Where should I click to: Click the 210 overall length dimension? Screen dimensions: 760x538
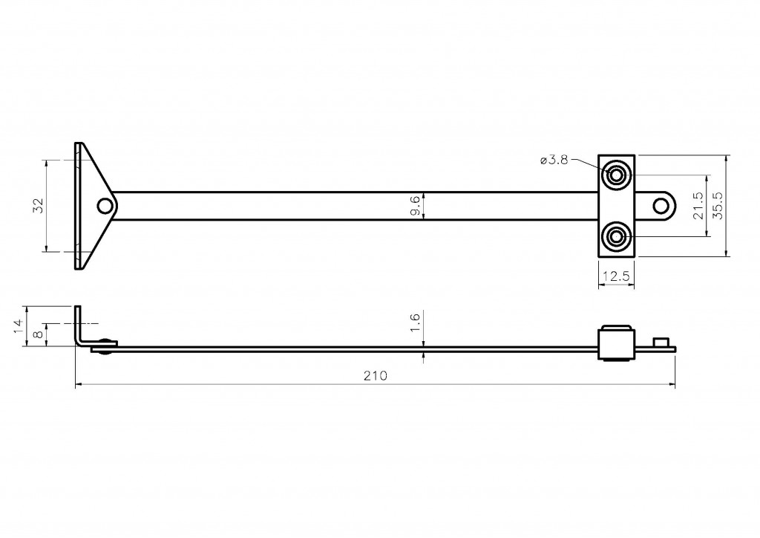376,376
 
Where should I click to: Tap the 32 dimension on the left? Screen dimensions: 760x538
39,206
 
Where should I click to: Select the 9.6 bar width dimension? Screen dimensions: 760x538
416,206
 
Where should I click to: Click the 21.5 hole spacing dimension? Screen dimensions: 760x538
698,206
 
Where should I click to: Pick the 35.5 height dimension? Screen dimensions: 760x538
718,206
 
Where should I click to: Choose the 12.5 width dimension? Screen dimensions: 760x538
616,276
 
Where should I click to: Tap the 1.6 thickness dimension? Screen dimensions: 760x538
415,323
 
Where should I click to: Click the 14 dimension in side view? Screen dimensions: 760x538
19,325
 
